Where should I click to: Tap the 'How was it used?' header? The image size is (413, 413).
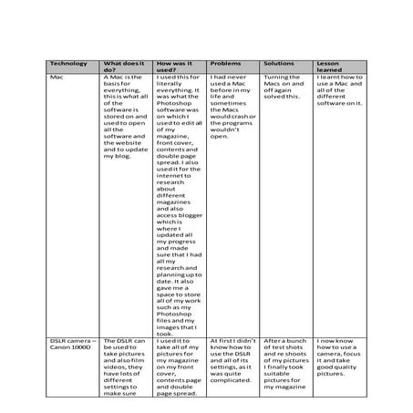tap(177, 67)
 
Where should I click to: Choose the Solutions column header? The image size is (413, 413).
tap(279, 63)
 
